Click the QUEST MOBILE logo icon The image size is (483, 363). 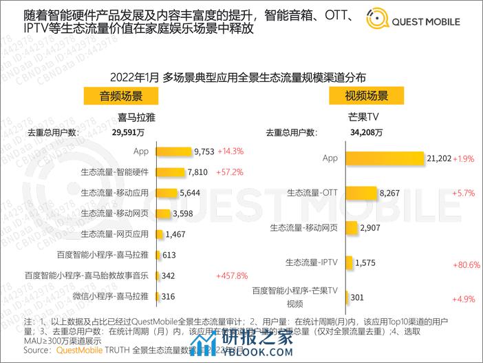click(378, 20)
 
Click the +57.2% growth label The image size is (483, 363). click(230, 172)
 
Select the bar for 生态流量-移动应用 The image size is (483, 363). click(167, 193)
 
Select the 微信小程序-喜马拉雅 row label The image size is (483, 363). click(110, 296)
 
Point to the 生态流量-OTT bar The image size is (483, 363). click(361, 194)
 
